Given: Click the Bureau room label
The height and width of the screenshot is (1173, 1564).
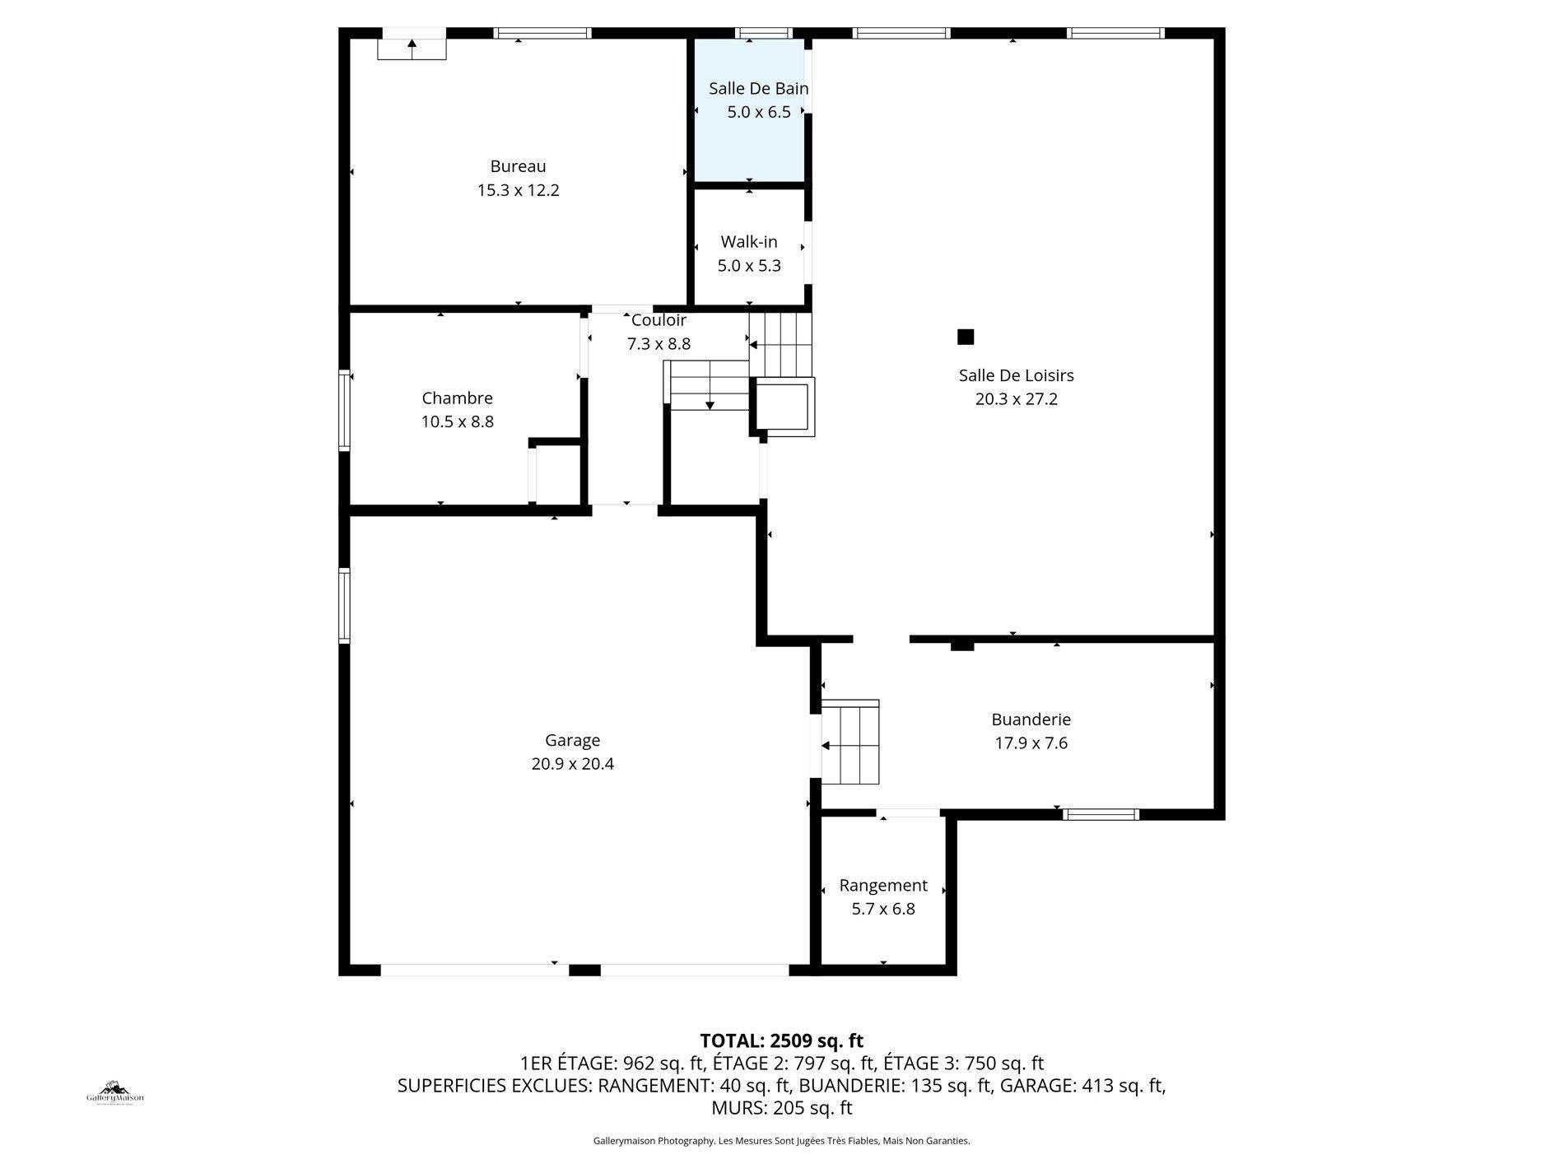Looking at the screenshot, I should click(x=518, y=166).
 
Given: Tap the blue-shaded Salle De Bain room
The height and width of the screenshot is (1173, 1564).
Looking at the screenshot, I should click(x=749, y=140).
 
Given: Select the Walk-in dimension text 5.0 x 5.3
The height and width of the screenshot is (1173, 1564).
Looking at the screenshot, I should click(x=749, y=266).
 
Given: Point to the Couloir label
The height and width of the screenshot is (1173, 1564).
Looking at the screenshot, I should click(x=659, y=320).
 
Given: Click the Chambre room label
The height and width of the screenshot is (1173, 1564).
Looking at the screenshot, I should click(x=457, y=398).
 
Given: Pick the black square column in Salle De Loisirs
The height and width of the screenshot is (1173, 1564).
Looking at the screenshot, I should click(x=966, y=337).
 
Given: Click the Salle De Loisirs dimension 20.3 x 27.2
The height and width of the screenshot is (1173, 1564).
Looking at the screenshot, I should click(x=1016, y=399).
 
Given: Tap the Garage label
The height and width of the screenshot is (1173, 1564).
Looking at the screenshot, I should click(x=572, y=740).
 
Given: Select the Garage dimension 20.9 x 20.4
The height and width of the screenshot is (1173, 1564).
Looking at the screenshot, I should click(x=572, y=764).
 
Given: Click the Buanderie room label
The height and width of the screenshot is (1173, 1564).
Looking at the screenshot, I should click(x=1031, y=719).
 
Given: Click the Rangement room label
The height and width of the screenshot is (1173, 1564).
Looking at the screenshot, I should click(x=883, y=886).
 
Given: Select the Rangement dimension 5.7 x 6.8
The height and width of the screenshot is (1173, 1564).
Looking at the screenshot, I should click(x=883, y=909).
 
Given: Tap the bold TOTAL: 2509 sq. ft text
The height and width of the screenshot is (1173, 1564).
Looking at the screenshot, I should click(x=781, y=1040).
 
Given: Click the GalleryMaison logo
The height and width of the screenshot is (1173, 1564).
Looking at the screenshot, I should click(x=115, y=1093).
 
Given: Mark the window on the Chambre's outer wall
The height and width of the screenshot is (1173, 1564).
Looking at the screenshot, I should click(x=345, y=411).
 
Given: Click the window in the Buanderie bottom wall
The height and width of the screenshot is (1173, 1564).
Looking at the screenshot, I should click(x=1101, y=815).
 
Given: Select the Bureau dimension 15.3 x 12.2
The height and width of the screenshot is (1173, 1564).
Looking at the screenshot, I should click(x=518, y=190).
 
